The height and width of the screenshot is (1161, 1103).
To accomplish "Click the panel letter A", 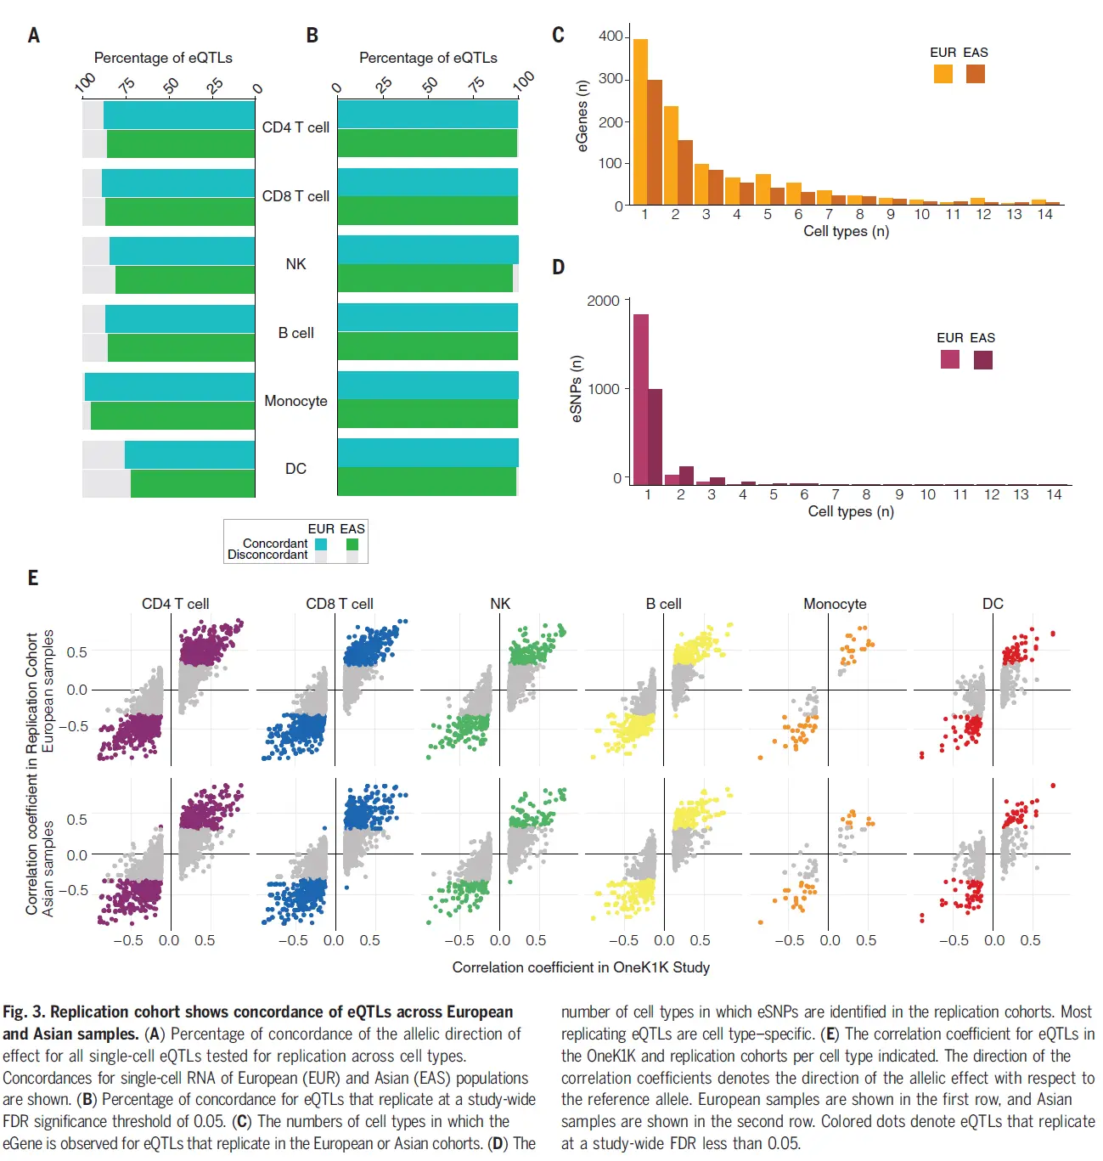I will pos(34,36).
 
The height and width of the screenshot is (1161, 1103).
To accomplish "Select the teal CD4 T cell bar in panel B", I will pos(427,114).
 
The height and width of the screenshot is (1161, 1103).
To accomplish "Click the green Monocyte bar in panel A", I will pos(172,415).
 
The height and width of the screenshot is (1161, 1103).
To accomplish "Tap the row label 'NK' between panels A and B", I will pos(295,264).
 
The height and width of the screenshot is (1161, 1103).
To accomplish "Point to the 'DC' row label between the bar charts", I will pos(295,469).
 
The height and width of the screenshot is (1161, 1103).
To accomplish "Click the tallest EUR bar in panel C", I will pos(640,121).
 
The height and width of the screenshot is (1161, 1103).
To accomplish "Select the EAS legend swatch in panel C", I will pos(976,74).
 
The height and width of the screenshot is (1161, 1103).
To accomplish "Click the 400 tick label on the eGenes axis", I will pos(611,37).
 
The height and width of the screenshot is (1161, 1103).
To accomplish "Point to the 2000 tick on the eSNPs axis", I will pos(604,301).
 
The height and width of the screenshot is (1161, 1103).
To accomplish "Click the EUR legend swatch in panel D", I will pos(950,359).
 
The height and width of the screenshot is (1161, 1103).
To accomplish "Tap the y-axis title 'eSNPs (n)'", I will pos(577,389).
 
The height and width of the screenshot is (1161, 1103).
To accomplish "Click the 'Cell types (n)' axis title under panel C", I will pos(846,231).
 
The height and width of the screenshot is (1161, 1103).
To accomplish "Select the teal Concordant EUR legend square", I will pos(321,544).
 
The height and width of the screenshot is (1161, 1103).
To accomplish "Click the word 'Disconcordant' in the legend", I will pos(267,555).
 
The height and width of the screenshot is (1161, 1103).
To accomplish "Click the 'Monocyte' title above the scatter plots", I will pos(835,604).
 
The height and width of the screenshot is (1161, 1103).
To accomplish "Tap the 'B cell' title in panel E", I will pos(663,604).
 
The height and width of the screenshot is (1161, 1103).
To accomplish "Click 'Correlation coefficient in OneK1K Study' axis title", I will pos(581,967).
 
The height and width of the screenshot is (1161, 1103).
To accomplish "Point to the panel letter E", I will pos(33,578).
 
